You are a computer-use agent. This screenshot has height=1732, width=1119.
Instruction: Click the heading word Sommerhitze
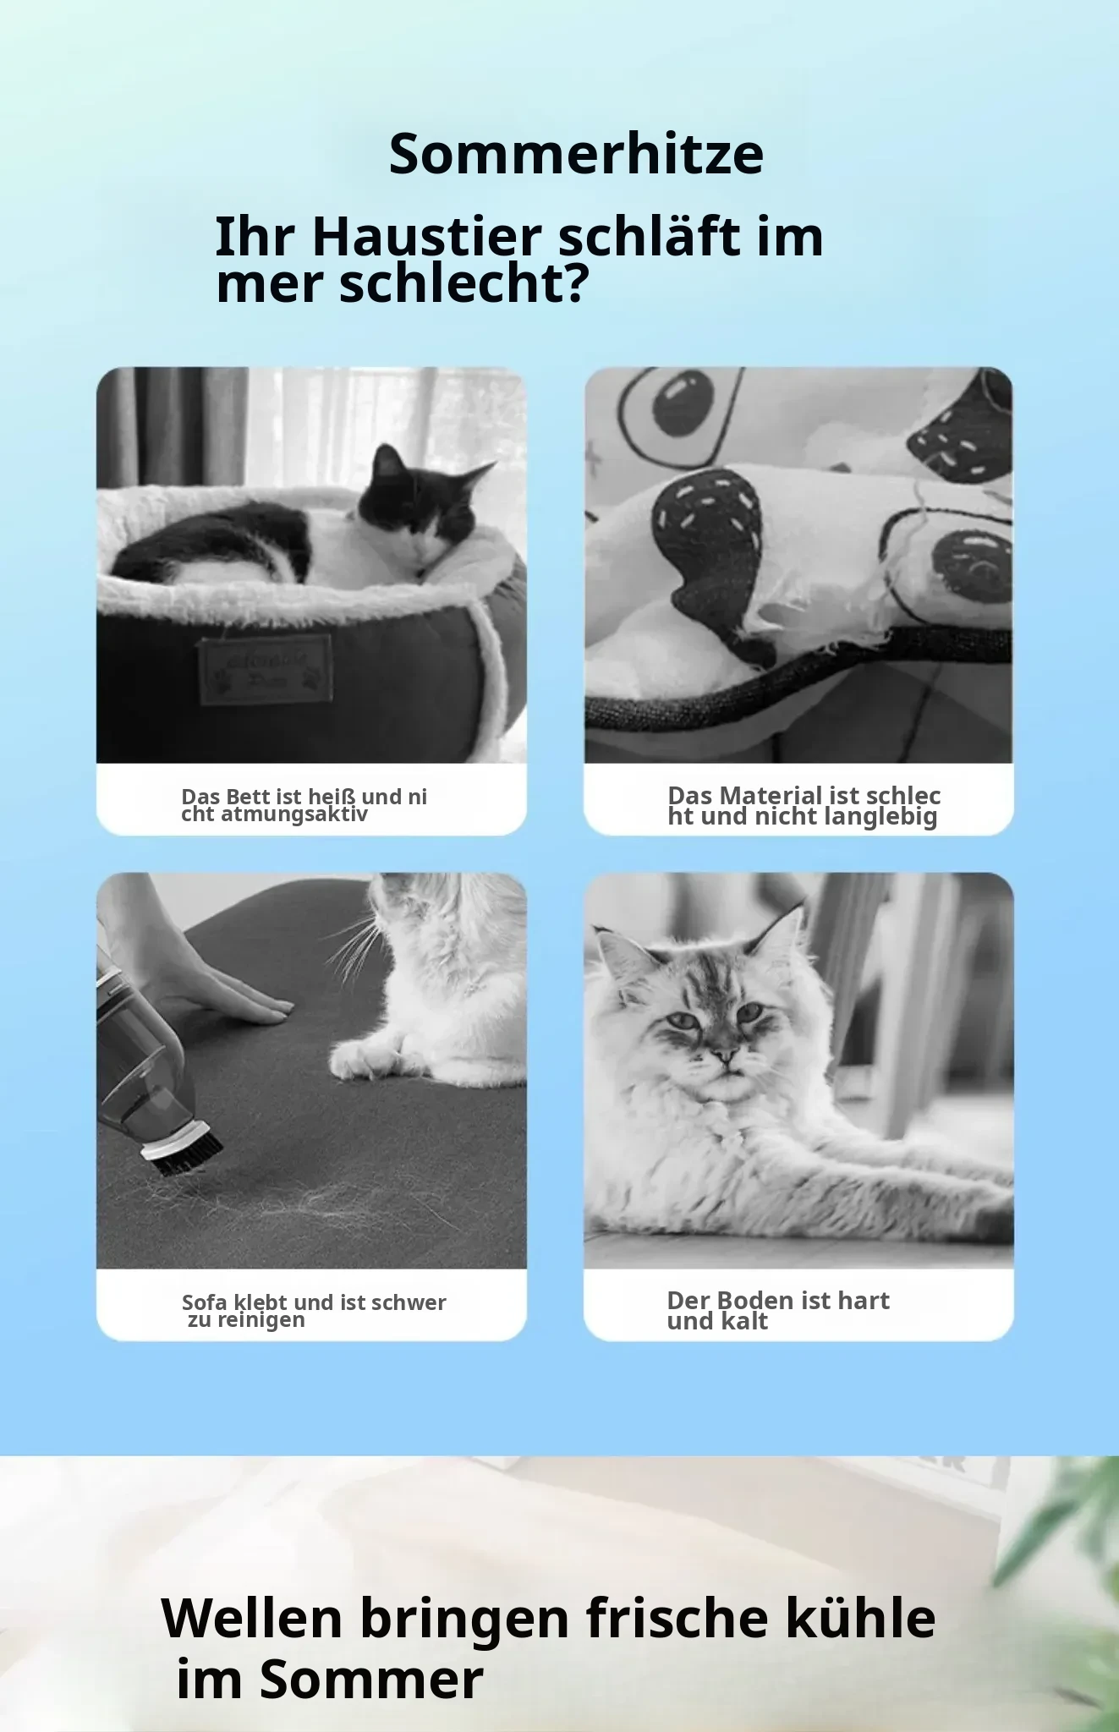pos(576,154)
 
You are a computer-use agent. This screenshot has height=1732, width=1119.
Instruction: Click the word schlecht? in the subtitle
pos(464,284)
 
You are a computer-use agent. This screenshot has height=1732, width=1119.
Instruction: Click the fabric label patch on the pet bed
pos(266,669)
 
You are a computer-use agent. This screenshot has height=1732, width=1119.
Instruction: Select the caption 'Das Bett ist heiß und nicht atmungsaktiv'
pos(304,805)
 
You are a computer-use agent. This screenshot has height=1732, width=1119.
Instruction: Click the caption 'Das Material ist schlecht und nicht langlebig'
pos(804,806)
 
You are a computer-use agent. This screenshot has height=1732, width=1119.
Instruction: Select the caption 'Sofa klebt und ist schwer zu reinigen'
pos(314,1311)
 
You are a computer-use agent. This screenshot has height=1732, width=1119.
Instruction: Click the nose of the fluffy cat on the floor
pos(725,1054)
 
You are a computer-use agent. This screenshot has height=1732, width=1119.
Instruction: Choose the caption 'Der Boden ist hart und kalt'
pos(778,1311)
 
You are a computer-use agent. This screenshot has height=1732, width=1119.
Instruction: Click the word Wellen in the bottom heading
pos(252,1618)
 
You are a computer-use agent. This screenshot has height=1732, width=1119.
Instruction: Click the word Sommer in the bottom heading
pos(371,1679)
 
